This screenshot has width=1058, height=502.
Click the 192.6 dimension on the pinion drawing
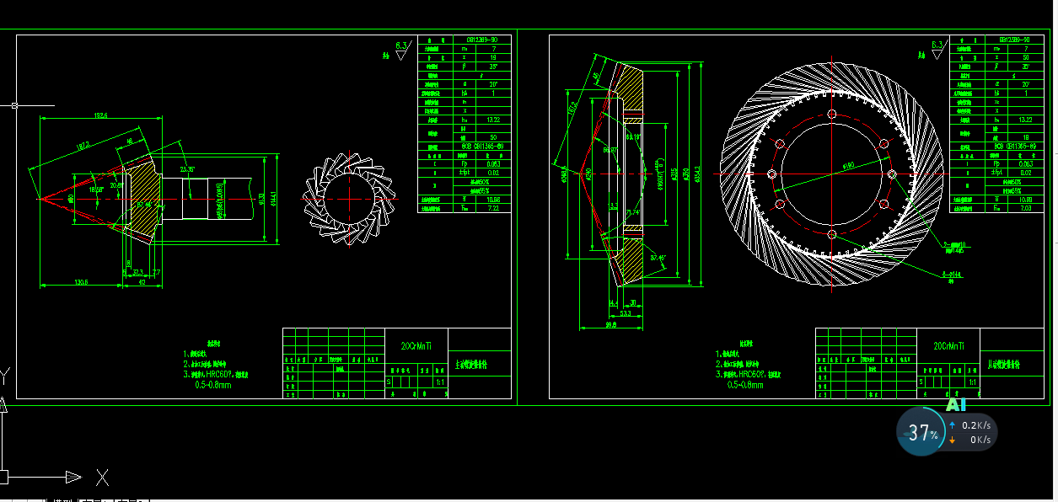pos(100,115)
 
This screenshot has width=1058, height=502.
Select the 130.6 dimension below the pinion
pos(81,281)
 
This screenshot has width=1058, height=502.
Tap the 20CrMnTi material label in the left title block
pos(416,345)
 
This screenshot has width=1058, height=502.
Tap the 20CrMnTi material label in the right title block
pos(949,345)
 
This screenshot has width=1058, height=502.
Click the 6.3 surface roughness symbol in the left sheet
pos(401,46)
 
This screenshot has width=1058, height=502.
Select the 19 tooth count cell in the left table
pos(492,58)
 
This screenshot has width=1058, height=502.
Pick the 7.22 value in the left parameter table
pos(492,207)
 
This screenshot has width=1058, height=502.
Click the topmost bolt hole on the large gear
pos(832,115)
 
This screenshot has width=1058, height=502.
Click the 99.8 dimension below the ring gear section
pos(611,323)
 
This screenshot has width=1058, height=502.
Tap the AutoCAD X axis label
pos(102,478)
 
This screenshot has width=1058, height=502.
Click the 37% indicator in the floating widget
pos(922,434)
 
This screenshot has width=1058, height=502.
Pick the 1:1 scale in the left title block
pos(439,382)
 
